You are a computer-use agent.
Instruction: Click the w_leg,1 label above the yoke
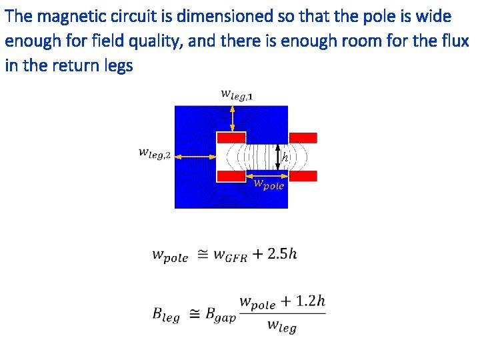pos(236,95)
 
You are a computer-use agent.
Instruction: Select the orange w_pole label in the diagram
pos(269,185)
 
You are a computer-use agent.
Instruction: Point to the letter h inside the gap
pos(285,158)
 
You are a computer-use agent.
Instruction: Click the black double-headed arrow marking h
pos(278,157)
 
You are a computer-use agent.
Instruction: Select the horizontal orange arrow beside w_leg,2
pos(198,156)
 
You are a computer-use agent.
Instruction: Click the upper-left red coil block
pos(231,137)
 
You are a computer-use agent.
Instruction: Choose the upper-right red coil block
pos(303,137)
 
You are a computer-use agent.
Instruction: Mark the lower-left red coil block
pos(231,176)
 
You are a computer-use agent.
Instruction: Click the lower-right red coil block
pos(303,176)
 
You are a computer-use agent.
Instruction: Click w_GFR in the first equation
pos(229,255)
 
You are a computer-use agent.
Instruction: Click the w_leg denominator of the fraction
pos(282,327)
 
